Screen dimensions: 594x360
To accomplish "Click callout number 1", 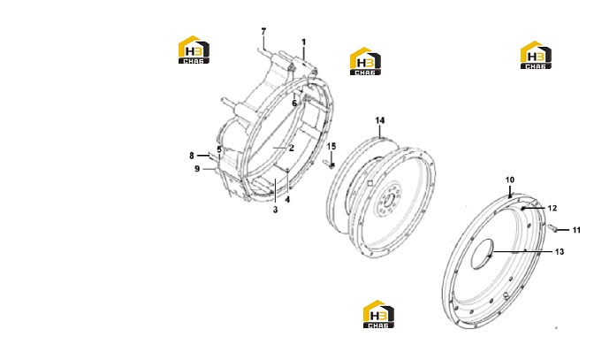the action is [303, 42].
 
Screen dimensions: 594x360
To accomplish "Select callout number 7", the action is [263, 32].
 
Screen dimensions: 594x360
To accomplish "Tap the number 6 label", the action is [294, 103].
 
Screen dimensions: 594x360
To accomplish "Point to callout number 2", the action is [292, 148].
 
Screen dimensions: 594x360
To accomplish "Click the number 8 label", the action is [192, 156].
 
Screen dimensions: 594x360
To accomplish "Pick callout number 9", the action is [197, 169].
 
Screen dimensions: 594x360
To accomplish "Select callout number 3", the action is [276, 210].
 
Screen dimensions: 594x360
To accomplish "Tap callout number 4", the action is [287, 199].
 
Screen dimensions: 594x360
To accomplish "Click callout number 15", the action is [331, 146].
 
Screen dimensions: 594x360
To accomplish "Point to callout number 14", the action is [380, 120].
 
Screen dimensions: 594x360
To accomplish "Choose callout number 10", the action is [510, 180].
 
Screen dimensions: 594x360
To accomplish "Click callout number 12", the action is [552, 208].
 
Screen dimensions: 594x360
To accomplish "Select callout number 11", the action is [576, 230].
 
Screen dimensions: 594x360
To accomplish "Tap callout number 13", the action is [560, 251].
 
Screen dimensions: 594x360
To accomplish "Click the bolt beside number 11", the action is [552, 227].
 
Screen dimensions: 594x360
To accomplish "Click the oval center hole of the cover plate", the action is [483, 254].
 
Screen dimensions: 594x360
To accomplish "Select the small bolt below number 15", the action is [329, 165].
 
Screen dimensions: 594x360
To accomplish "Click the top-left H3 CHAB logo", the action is [194, 50].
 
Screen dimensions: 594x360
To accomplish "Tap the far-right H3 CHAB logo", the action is [536, 55].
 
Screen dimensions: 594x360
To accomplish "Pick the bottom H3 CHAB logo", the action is [378, 314].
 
